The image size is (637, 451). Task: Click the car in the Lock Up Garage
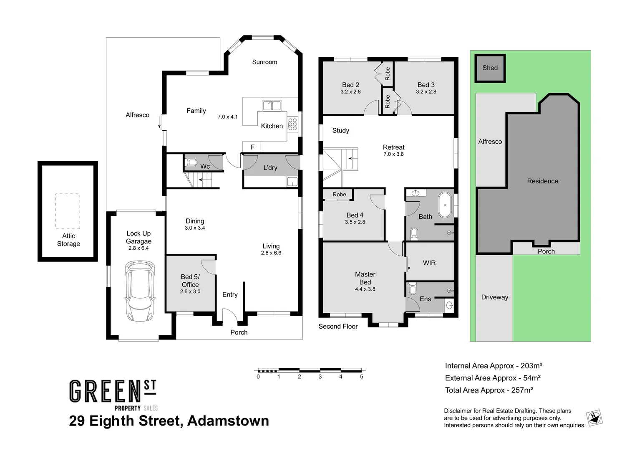point(140,291)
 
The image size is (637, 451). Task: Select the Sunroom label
point(264,62)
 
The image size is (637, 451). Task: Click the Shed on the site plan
point(490,68)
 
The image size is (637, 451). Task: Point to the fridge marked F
point(252,147)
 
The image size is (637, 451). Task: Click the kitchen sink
point(272,105)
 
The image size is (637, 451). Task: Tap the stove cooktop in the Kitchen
point(292,124)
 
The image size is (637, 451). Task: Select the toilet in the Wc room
point(191,162)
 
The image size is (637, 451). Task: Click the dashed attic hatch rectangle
point(68,211)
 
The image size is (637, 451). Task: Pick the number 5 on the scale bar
point(361,377)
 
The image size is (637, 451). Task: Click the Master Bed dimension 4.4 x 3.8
point(365,289)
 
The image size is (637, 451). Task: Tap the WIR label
point(429,263)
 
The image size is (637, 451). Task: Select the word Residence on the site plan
point(542,181)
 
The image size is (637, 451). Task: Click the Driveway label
point(494,297)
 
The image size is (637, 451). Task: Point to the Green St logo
point(113,395)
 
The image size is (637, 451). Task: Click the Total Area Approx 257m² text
point(489,390)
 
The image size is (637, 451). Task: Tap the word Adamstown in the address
point(228,421)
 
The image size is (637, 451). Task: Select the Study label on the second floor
point(340,131)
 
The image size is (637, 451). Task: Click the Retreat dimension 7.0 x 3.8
point(393,154)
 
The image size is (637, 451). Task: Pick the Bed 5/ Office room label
point(190,281)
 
